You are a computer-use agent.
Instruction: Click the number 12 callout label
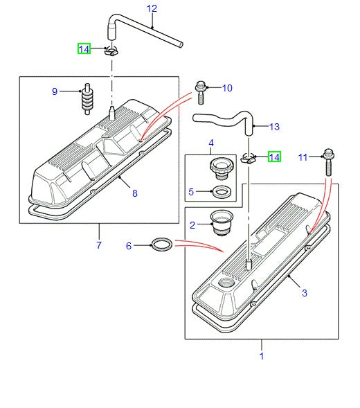click(x=152, y=8)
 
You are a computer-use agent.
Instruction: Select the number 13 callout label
click(x=274, y=127)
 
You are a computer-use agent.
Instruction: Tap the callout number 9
click(x=55, y=91)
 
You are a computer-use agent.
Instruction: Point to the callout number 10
click(x=227, y=88)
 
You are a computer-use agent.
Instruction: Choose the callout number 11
click(x=302, y=157)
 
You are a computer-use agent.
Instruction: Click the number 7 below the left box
click(x=99, y=245)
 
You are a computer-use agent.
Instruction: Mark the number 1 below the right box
click(x=262, y=357)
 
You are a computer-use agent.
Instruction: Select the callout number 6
click(x=128, y=245)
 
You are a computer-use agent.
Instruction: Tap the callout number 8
click(x=135, y=193)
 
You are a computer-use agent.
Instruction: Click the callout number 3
click(x=303, y=293)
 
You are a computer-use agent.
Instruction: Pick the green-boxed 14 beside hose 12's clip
click(x=84, y=48)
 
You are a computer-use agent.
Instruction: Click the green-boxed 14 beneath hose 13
click(x=275, y=157)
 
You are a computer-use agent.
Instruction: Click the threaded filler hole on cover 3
click(x=226, y=283)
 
